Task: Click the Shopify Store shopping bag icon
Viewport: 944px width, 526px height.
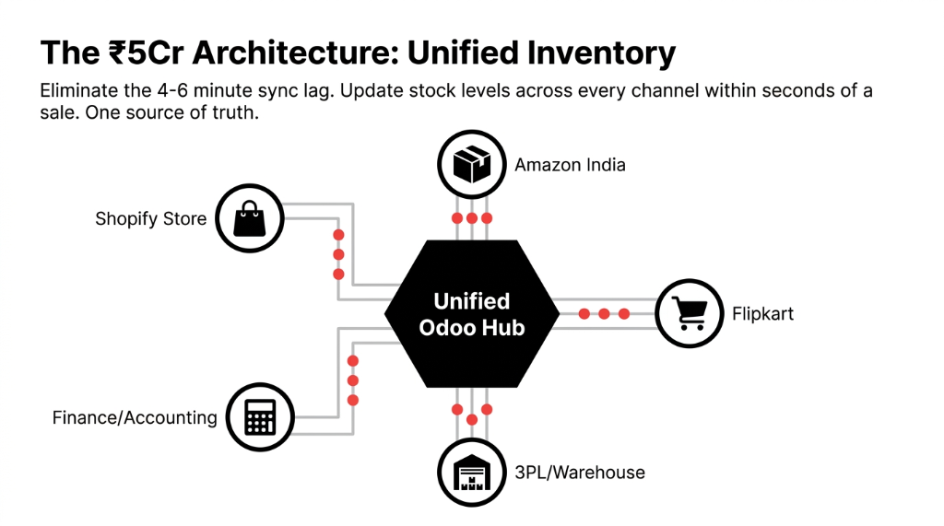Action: point(249,219)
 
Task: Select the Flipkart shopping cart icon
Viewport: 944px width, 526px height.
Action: point(690,313)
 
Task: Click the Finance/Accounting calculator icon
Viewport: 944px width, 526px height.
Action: point(260,416)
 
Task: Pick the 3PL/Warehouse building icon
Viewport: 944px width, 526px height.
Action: point(471,472)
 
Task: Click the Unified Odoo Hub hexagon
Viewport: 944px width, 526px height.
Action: point(471,313)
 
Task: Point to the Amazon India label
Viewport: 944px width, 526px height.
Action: point(570,165)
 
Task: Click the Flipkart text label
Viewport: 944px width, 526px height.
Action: point(762,313)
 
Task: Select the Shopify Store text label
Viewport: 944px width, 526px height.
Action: point(150,219)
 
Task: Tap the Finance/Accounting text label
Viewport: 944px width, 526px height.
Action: point(135,417)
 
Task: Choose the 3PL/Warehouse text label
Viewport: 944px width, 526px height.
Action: point(580,473)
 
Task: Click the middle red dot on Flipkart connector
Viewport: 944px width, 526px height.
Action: point(604,314)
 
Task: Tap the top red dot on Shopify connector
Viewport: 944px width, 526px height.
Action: point(338,234)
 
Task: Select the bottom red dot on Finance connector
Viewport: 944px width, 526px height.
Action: point(352,401)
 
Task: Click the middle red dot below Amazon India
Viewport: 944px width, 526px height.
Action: point(471,219)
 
